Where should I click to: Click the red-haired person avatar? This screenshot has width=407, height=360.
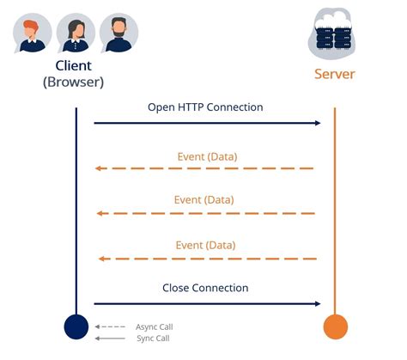(33, 34)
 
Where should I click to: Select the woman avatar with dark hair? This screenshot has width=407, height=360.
(76, 34)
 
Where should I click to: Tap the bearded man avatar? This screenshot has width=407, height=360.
(118, 34)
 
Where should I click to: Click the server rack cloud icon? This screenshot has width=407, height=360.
(332, 33)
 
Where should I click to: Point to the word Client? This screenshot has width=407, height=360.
(74, 66)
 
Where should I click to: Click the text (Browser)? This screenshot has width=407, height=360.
(73, 82)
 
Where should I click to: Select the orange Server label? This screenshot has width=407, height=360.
(335, 74)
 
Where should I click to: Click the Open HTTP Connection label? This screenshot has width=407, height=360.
(205, 107)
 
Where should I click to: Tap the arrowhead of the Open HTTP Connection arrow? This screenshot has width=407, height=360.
(318, 123)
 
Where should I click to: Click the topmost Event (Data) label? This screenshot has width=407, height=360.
(207, 157)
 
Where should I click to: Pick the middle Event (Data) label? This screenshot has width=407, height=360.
(204, 200)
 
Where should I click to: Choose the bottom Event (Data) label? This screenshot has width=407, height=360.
(205, 246)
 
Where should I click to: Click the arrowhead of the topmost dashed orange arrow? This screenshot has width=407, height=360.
(98, 168)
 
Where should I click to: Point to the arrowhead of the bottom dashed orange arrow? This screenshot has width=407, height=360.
(101, 259)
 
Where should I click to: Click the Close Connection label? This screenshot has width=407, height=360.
(205, 288)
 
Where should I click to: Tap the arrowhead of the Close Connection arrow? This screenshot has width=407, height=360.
(318, 304)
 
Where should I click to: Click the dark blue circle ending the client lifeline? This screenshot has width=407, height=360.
(76, 326)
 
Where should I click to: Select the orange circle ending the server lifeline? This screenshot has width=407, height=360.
(336, 326)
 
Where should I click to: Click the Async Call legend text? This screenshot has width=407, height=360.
(155, 326)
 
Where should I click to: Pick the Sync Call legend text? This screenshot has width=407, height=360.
(153, 339)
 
